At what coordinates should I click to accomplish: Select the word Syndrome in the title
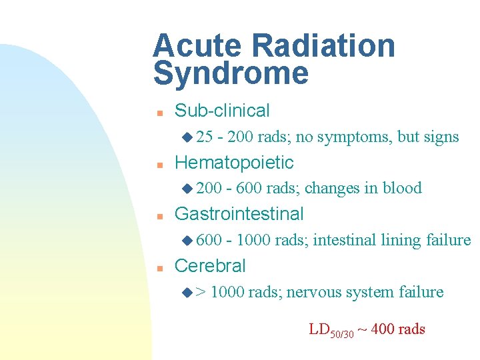click(231, 73)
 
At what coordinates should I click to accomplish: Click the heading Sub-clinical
click(222, 111)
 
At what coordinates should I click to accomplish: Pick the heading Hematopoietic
click(233, 162)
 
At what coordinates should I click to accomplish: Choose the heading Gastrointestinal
click(239, 214)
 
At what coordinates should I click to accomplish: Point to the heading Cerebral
click(209, 266)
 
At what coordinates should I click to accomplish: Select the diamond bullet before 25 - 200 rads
click(187, 137)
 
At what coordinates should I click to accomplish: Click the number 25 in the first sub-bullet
click(205, 137)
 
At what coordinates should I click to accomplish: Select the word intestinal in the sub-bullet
click(345, 240)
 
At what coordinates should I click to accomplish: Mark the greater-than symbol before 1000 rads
click(201, 292)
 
